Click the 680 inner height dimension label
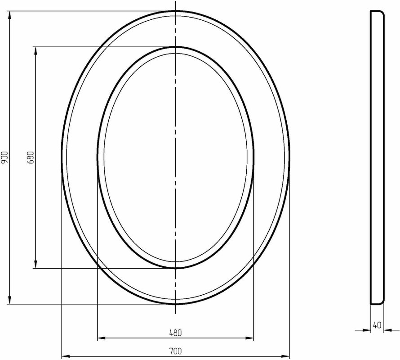31,157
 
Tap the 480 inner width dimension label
176,333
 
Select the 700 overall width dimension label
176,351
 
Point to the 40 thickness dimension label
377,325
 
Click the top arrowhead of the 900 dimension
10,15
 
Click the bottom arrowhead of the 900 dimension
10,300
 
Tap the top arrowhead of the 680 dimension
36,51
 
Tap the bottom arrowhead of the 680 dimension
36,264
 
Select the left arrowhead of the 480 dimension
102,338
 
